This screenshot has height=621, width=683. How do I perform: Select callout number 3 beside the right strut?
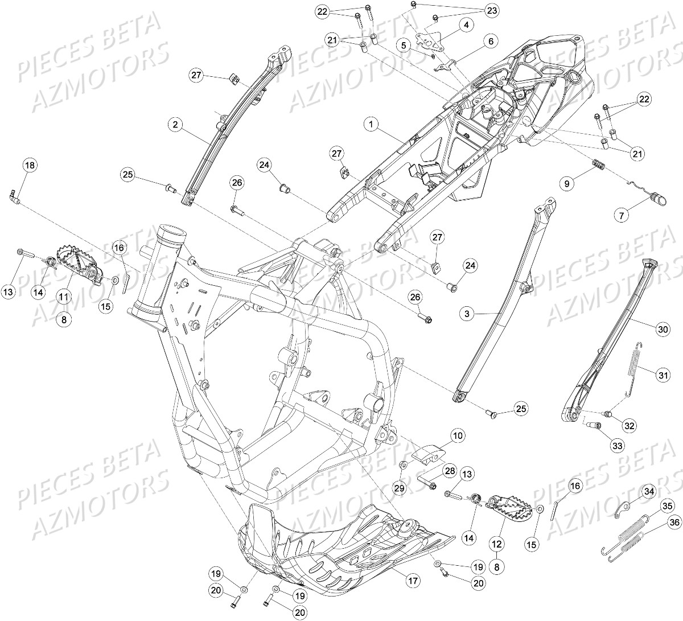pos(467,313)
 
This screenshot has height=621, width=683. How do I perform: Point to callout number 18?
pos(29,166)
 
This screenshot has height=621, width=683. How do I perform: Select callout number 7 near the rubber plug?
pos(622,215)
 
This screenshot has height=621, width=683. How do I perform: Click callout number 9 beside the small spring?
pos(566,183)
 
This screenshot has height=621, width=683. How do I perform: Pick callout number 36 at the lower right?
pos(674,523)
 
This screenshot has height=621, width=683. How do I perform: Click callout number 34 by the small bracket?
pos(649,491)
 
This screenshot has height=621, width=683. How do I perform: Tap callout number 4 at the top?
pos(466,25)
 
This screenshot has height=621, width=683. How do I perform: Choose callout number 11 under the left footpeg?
pos(64,297)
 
